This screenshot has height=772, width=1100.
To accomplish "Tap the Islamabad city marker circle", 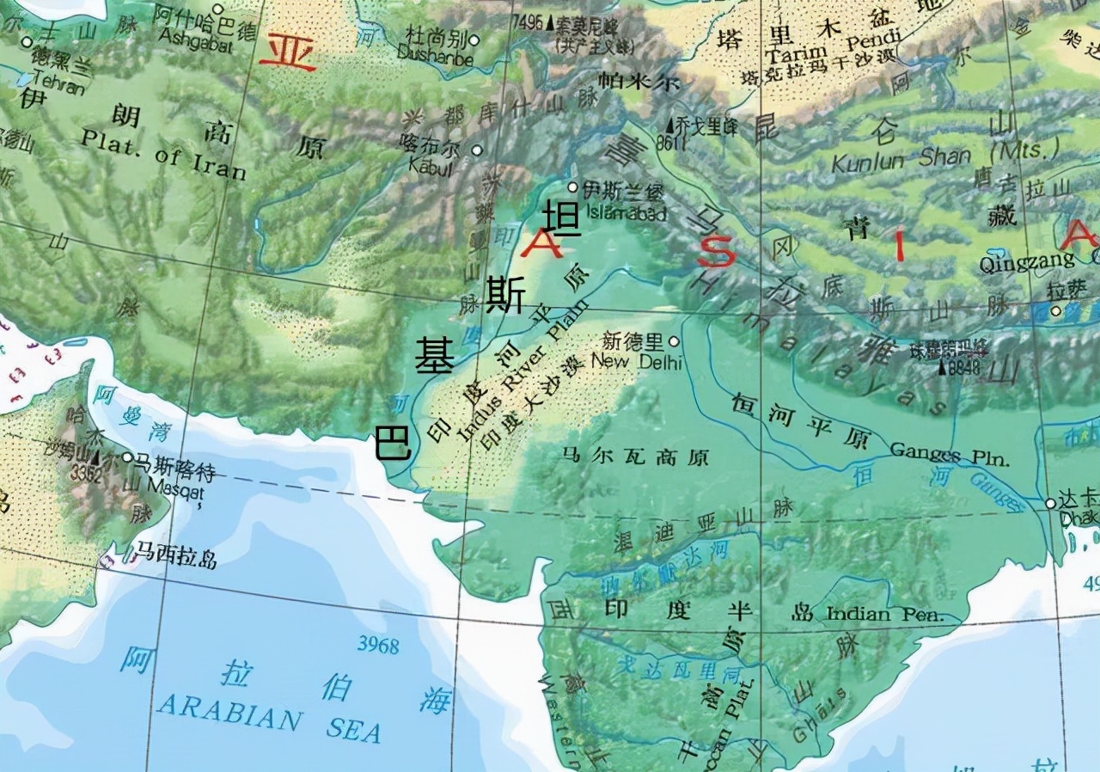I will coord(573,187).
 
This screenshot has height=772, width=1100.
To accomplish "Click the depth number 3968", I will coord(378,645).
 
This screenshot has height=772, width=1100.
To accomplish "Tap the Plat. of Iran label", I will coord(163,154).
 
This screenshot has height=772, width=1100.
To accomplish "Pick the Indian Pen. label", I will coord(884,614).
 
